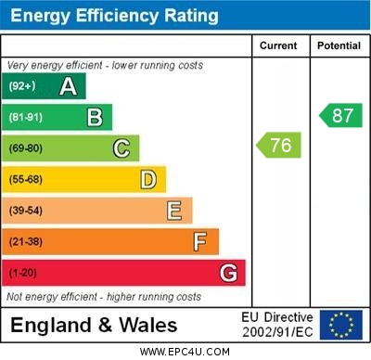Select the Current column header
[278, 45]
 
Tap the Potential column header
[339, 45]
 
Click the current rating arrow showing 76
[279, 146]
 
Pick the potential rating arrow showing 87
[339, 115]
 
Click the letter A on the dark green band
[68, 86]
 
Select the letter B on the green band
[95, 117]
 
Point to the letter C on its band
[121, 148]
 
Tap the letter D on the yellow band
[147, 179]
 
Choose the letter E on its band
[173, 211]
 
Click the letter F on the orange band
[199, 242]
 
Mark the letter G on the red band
[227, 274]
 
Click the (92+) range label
[22, 86]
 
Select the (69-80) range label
[26, 148]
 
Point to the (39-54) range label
[26, 211]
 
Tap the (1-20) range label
[23, 274]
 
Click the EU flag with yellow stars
[341, 325]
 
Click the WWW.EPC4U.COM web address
[185, 352]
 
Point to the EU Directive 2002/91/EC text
[277, 325]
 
